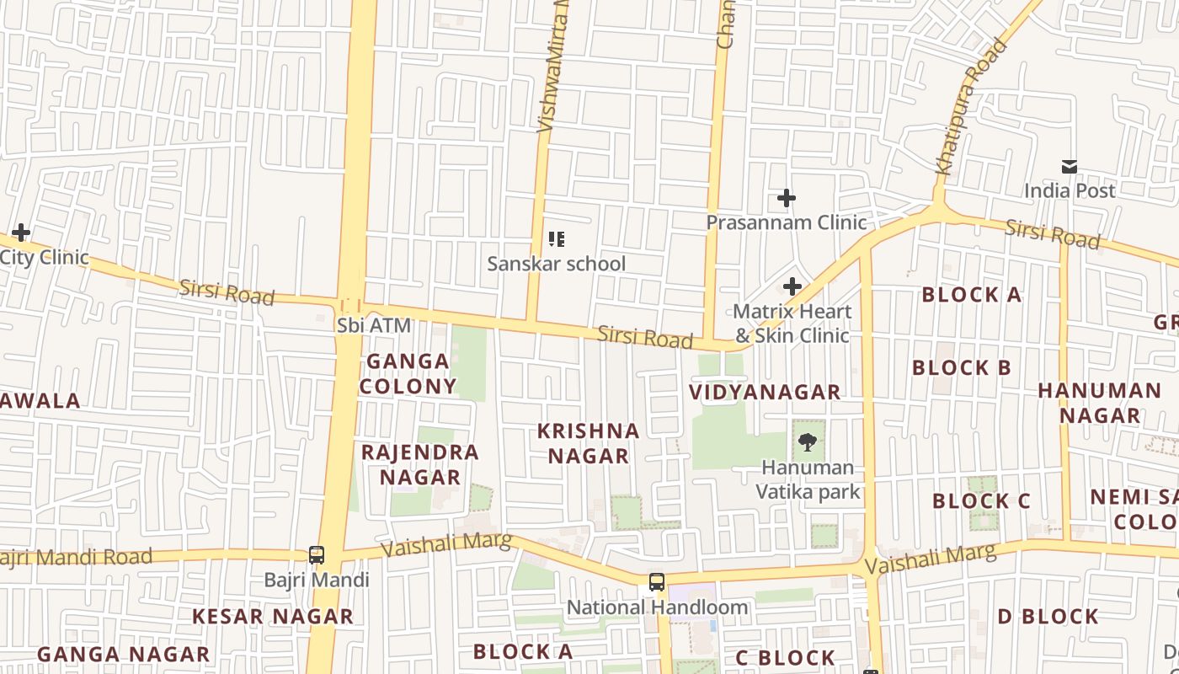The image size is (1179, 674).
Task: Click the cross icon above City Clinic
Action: (21, 233)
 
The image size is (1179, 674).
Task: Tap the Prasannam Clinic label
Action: (786, 222)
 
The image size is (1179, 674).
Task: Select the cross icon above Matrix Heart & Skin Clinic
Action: (792, 286)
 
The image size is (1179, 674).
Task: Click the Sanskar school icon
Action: (556, 239)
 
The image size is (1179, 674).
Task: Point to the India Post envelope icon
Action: (1070, 167)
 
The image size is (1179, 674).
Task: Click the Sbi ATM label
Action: (374, 325)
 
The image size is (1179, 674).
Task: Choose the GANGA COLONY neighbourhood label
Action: (408, 373)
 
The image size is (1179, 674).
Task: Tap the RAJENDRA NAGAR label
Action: (420, 464)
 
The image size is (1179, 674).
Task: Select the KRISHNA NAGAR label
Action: (589, 443)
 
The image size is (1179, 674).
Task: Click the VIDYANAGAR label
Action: (765, 392)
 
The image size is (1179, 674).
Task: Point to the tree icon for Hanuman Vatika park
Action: (808, 441)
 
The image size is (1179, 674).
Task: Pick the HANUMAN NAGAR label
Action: (1099, 403)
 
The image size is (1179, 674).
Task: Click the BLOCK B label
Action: (962, 368)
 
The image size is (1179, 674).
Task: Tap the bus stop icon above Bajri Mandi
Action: (317, 555)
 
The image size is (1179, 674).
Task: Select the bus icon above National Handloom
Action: (656, 582)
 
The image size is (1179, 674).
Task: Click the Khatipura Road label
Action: (972, 107)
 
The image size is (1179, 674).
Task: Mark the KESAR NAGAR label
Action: (273, 616)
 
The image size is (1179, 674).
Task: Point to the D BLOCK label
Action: (1048, 617)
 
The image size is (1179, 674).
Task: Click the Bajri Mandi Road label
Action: (77, 557)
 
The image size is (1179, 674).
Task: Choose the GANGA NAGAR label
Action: (123, 654)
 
